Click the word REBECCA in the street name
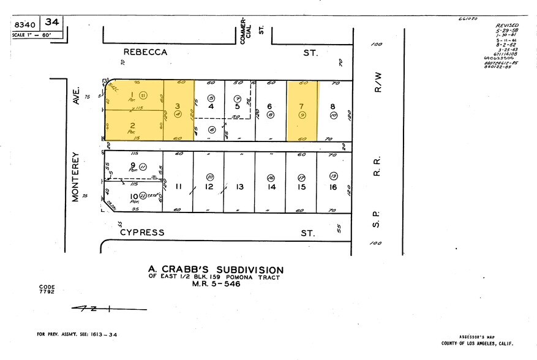coord(145,53)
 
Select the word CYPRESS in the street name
coord(142,232)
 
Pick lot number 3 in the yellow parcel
coord(178,105)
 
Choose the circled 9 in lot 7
coord(302,114)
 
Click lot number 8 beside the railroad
coord(333,105)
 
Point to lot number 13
coord(240,187)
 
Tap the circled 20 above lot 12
coord(209,176)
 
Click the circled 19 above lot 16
coord(333,176)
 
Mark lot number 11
coord(178,187)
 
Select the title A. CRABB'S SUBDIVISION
coord(216,269)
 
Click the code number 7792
coord(47,291)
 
